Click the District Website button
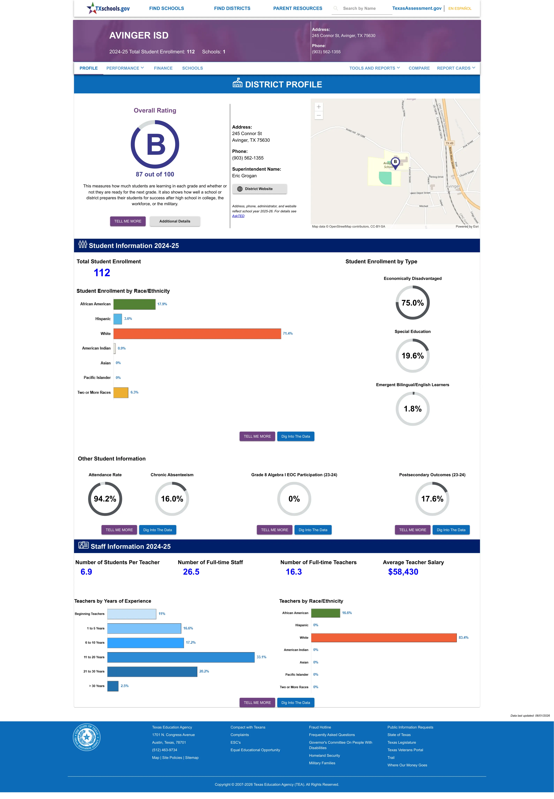tap(259, 189)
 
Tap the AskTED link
tap(238, 216)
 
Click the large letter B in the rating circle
tap(156, 145)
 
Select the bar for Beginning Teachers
tap(131, 614)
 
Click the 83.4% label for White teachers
tap(463, 638)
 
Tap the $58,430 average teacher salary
tap(403, 572)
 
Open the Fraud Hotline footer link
tap(320, 727)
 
